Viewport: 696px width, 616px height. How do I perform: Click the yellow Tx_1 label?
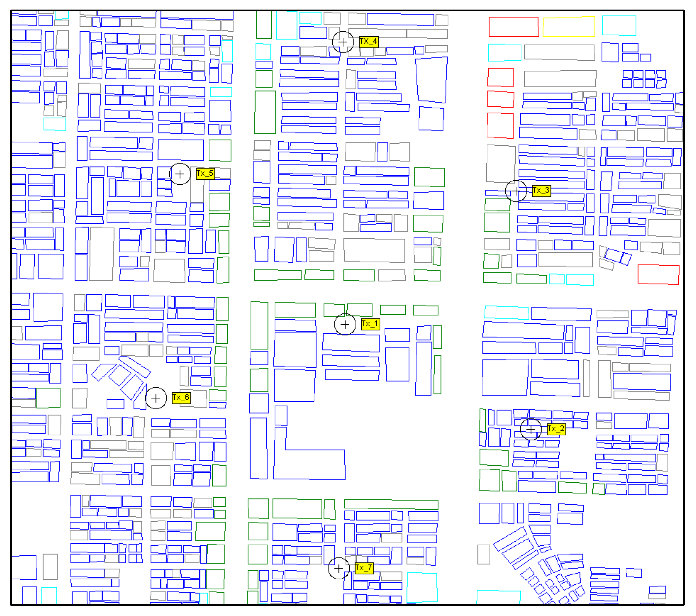[370, 324]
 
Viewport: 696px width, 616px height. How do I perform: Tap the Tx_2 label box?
[556, 429]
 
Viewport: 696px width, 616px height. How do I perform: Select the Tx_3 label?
[541, 191]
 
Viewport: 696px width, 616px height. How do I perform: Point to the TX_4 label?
[368, 42]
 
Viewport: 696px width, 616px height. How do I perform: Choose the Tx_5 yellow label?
[205, 173]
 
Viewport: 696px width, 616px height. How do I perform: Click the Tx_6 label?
[181, 398]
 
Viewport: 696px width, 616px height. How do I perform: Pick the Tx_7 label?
[364, 568]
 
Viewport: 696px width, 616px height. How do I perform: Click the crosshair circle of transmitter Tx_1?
[345, 324]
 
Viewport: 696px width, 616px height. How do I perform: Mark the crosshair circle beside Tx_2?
[531, 430]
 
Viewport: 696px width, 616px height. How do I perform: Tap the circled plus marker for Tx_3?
[516, 191]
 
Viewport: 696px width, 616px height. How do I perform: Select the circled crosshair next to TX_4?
[343, 42]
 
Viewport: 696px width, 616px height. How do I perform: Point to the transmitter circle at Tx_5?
[180, 174]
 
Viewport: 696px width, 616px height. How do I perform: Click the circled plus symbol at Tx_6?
[156, 398]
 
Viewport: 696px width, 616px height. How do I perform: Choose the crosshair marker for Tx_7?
[338, 568]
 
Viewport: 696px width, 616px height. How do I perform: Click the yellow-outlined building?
[569, 26]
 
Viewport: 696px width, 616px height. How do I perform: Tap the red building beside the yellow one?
[513, 26]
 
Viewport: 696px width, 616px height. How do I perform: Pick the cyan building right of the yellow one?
[619, 25]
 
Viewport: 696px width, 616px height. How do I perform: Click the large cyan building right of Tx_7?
[422, 587]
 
